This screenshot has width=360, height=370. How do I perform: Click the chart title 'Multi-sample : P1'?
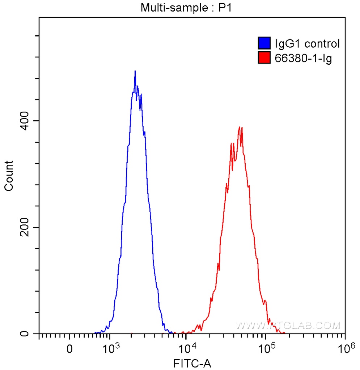pos(186,8)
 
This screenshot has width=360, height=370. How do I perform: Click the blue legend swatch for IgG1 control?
pos(264,44)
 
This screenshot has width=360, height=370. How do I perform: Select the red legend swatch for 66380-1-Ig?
pos(264,57)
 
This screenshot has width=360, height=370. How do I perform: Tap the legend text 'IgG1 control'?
pos(308,44)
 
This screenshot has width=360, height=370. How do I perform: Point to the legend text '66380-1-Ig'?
pos(304,57)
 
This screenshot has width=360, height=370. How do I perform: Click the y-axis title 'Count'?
pos(8,176)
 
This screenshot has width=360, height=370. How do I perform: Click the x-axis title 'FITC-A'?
pos(191,362)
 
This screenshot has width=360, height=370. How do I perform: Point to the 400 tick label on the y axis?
pos(24,121)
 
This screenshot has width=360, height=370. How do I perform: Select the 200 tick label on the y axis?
pos(24,227)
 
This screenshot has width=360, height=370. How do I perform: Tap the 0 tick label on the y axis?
pos(24,334)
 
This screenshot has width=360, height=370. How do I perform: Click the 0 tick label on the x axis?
pos(69,349)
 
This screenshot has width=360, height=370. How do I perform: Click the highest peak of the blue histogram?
pos(135,72)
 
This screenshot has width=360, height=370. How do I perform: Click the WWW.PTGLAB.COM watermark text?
pos(288,326)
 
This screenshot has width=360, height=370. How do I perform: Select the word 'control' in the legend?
pos(322,44)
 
